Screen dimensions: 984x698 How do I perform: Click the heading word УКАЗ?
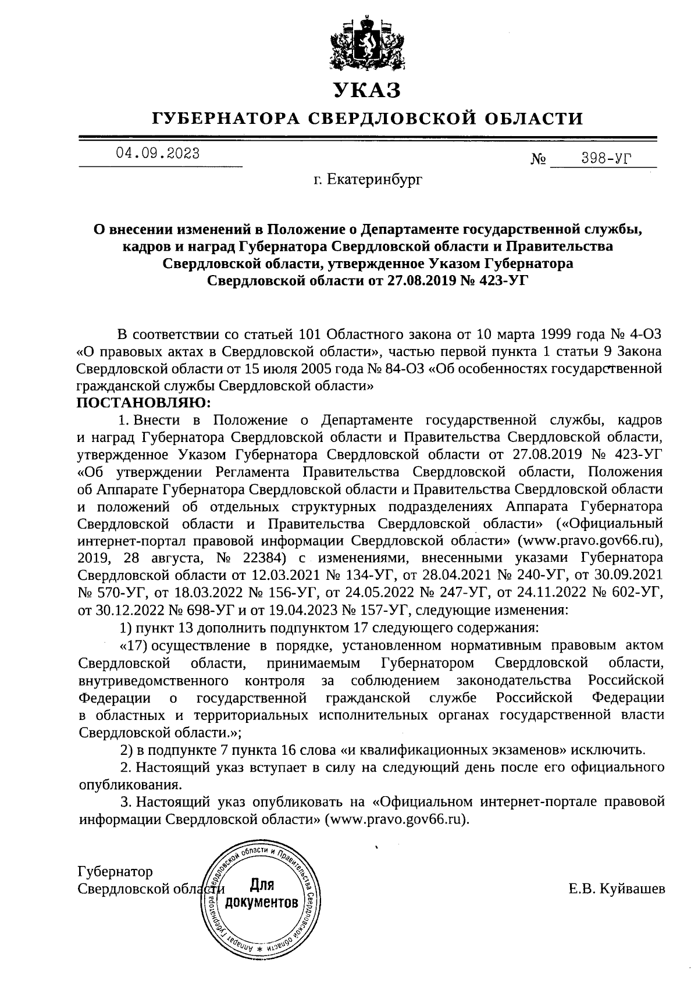[367, 90]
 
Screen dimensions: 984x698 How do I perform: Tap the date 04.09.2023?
[158, 154]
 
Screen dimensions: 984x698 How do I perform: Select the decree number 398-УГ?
[606, 158]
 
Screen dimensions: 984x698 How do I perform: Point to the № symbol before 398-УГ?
[537, 159]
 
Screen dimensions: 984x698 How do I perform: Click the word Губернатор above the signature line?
[115, 871]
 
